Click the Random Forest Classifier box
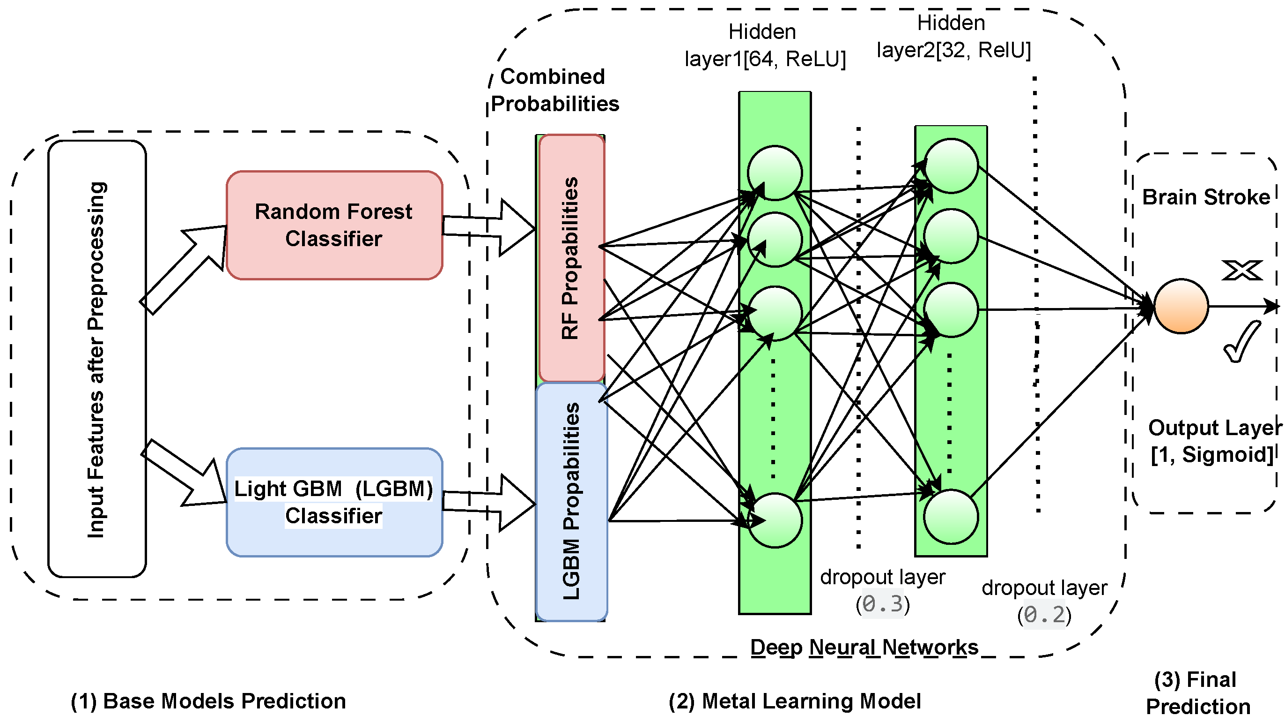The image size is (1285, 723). pos(334,225)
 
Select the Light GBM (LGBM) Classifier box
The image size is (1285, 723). pos(334,502)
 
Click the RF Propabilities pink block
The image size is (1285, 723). pos(572,258)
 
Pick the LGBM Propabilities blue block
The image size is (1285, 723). pos(572,501)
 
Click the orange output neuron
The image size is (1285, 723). pos(1181,306)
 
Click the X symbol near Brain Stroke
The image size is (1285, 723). pos(1242,270)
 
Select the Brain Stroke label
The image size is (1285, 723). pos(1206,197)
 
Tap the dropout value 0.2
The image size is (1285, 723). pos(1044,615)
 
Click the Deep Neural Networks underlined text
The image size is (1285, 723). pos(864,648)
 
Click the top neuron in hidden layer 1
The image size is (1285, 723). pos(775,173)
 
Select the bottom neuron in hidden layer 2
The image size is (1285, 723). pos(951,517)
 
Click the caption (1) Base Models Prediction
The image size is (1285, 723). pos(208,701)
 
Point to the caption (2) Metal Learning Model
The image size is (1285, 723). pos(795,701)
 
